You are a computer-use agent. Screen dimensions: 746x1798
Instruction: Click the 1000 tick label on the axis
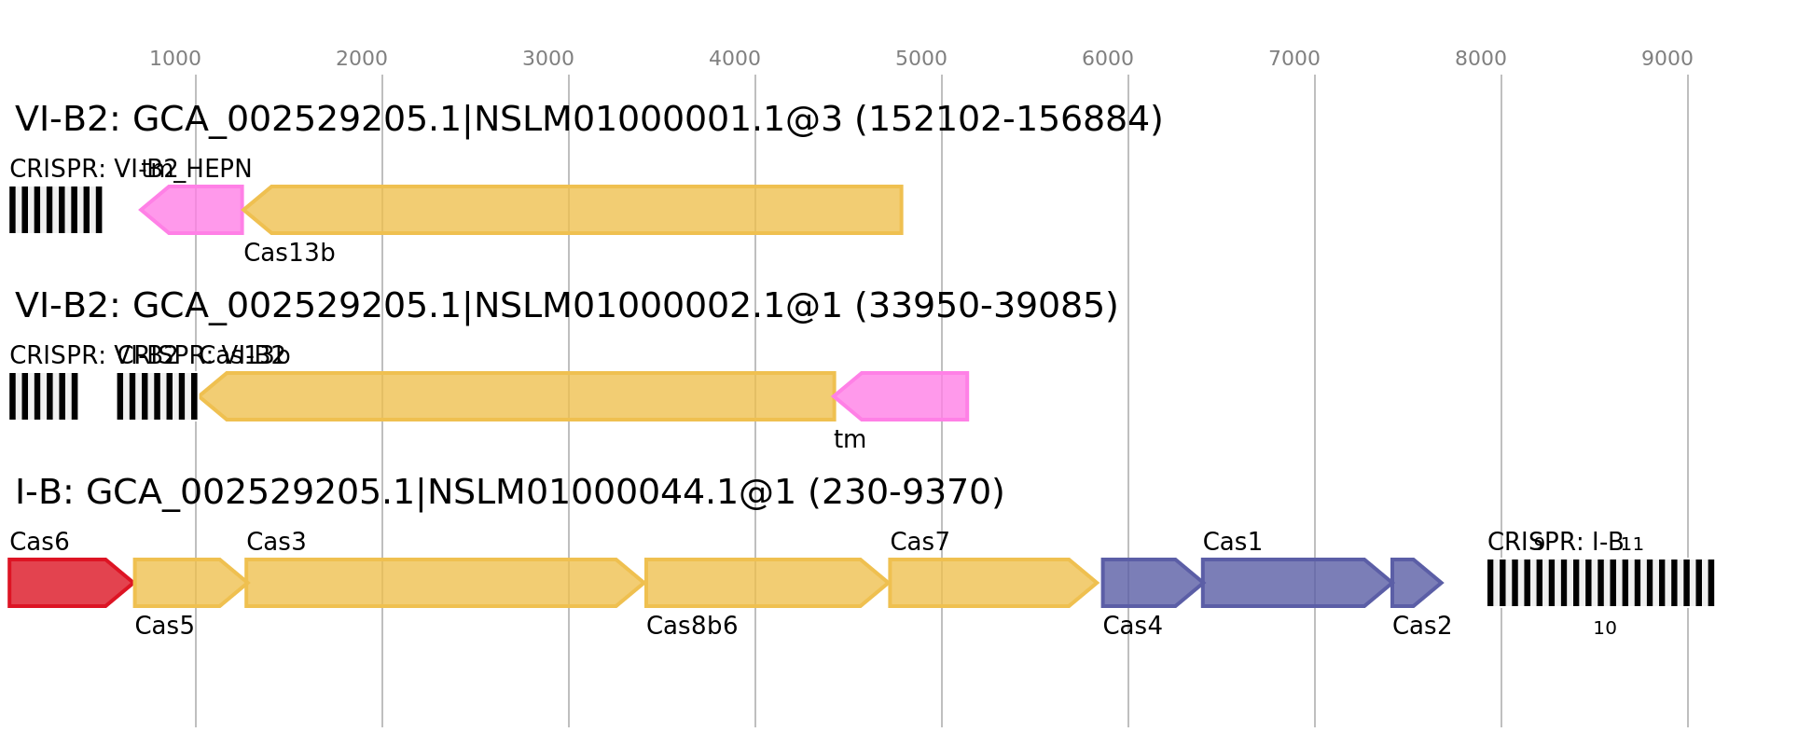[175, 59]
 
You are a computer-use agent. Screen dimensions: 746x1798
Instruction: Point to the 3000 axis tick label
[548, 59]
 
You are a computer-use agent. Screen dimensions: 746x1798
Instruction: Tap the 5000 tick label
[921, 59]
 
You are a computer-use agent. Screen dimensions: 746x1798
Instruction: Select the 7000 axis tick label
[1294, 59]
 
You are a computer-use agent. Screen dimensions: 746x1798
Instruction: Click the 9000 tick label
[1667, 59]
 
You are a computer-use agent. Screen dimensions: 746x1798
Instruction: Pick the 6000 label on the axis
[1108, 59]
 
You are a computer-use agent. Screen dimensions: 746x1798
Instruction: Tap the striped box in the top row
[56, 210]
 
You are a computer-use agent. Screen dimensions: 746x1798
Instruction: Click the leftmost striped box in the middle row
[44, 396]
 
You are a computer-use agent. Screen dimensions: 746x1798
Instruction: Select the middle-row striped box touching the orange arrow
[157, 396]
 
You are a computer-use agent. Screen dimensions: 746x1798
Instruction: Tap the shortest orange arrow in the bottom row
[187, 583]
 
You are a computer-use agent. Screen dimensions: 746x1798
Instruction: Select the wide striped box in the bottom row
[1601, 583]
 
